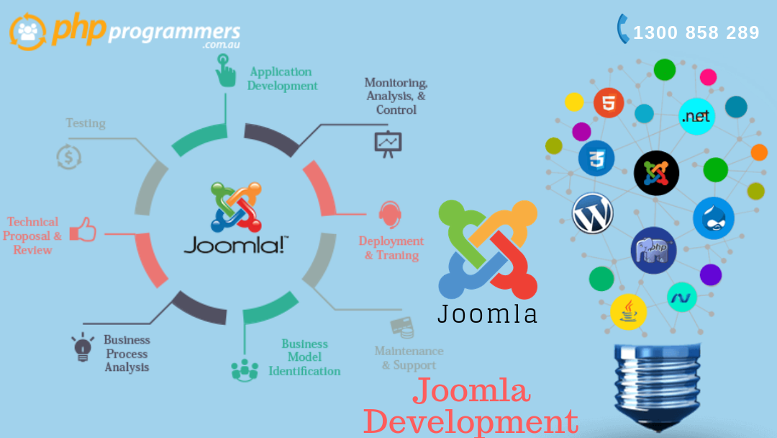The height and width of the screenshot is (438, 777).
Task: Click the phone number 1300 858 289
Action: tap(696, 32)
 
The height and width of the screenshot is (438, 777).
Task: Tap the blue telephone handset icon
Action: tap(623, 29)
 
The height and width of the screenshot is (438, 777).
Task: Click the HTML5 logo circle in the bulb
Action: tap(609, 102)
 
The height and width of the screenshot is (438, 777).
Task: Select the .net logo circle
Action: tap(696, 116)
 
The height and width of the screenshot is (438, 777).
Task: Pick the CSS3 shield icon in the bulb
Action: tap(596, 158)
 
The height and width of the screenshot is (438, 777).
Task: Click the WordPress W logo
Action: tap(593, 213)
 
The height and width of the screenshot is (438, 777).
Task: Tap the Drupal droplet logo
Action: tap(714, 218)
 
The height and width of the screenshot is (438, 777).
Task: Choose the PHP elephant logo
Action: tap(653, 250)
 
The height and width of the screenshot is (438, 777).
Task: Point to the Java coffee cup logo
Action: tap(628, 313)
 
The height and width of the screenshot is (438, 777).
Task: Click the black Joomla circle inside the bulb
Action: tap(656, 172)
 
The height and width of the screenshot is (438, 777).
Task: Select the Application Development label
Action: tap(282, 79)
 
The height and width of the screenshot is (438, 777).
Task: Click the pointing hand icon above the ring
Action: tap(226, 71)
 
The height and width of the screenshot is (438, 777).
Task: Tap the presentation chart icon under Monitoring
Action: tap(388, 143)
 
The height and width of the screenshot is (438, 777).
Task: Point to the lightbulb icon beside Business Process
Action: tap(83, 347)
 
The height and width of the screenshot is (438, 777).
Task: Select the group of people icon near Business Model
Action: tap(245, 369)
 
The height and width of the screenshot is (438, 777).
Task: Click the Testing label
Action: tap(86, 123)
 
